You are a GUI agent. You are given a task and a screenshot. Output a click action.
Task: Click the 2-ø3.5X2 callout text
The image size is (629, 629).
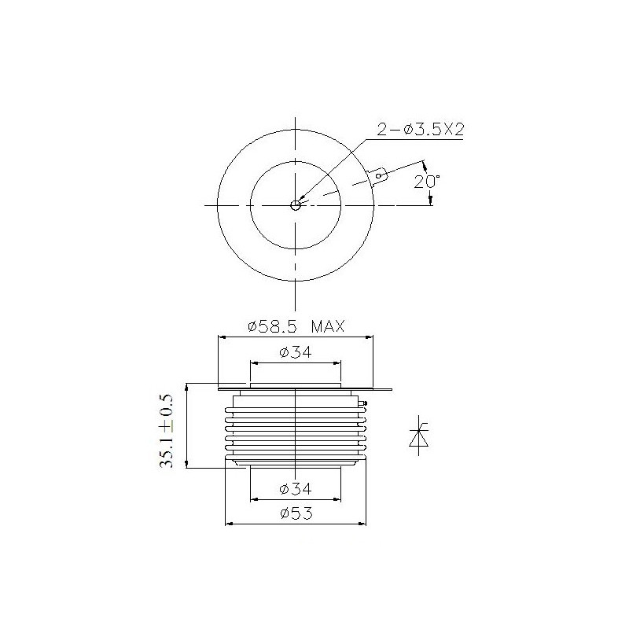point(420,130)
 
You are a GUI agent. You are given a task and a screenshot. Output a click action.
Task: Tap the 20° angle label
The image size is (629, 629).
point(427,182)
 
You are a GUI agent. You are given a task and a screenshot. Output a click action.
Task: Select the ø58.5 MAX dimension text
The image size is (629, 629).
point(296,326)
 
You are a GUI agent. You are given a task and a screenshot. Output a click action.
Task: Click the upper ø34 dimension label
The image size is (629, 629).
point(296,352)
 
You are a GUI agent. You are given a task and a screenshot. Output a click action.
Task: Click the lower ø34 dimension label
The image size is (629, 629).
point(296,488)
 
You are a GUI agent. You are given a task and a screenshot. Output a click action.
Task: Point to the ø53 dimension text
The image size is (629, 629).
point(296,513)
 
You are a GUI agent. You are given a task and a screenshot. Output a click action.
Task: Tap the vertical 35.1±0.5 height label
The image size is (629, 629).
point(166,431)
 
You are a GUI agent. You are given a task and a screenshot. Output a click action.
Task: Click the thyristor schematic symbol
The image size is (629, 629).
point(419,436)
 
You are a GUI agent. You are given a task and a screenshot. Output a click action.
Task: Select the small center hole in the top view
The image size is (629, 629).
point(296,205)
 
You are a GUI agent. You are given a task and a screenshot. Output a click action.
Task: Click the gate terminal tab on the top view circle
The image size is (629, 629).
point(378,176)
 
